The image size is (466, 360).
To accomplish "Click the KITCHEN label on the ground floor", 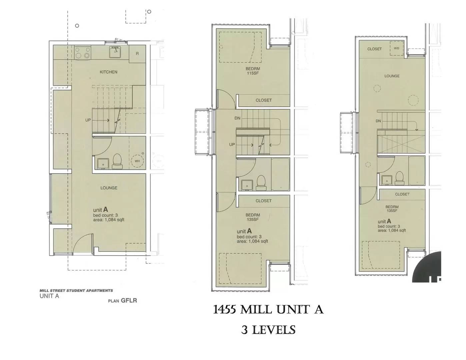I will click(109, 72).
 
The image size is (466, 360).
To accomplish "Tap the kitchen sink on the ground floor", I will click(115, 52).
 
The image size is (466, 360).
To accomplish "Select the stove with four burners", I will click(83, 53).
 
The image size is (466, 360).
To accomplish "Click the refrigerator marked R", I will click(137, 54).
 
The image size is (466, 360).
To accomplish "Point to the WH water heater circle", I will click(137, 161).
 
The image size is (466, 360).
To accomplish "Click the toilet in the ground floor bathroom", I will click(117, 160).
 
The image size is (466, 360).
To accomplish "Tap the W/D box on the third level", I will click(396, 49).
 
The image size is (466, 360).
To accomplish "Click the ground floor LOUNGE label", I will click(109, 188).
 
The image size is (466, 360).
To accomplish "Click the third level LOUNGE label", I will click(392, 76).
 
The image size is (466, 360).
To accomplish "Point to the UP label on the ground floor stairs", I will click(88, 120).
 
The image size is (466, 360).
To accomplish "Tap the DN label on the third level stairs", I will click(378, 121).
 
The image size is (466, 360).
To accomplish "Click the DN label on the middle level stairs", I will click(237, 118).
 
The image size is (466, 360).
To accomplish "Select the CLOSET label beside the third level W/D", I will click(374, 49).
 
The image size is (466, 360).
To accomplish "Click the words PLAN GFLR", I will click(122, 300).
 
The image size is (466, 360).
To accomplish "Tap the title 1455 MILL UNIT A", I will click(268, 310).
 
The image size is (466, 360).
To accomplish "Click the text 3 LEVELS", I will click(268, 330).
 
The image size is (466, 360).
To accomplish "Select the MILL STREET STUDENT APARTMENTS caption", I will click(76, 290).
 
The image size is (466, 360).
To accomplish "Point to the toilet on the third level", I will click(398, 178).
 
